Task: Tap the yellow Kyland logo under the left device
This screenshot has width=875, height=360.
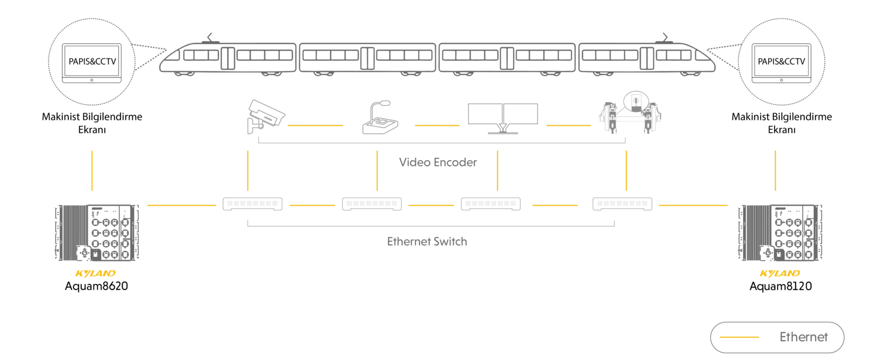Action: (95, 273)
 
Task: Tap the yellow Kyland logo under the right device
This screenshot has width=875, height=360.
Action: (780, 273)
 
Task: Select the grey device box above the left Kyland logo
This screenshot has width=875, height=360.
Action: (97, 232)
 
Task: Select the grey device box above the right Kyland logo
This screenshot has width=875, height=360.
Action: (779, 232)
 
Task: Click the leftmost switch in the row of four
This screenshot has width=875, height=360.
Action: (253, 204)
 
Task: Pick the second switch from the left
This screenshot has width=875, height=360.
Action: (371, 204)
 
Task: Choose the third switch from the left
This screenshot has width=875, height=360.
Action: (490, 204)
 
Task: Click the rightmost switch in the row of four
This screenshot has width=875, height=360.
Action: (622, 204)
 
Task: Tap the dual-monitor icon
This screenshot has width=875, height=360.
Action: (502, 115)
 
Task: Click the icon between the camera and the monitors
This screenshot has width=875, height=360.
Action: (379, 117)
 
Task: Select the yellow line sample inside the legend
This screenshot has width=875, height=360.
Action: (740, 337)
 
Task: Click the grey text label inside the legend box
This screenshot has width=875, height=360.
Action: (804, 337)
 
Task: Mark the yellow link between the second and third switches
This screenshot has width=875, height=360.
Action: (431, 205)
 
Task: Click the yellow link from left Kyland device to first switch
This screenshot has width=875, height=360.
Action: (182, 205)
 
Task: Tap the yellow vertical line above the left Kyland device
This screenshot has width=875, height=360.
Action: (92, 169)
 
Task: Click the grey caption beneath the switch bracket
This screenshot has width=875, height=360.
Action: (427, 241)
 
